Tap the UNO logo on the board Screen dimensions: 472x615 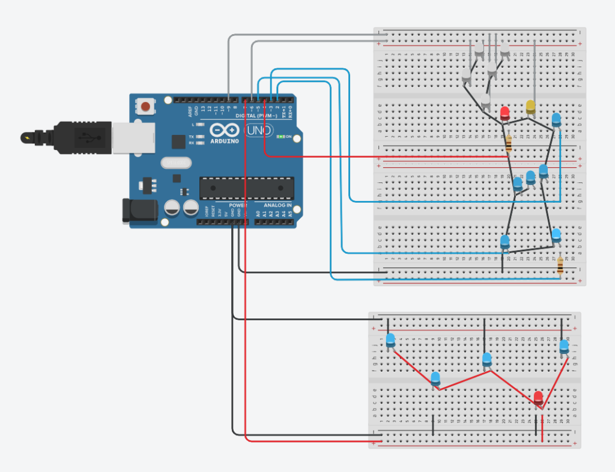coord(259,130)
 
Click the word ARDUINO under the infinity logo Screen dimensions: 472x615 coord(225,142)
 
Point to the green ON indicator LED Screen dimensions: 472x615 coord(280,137)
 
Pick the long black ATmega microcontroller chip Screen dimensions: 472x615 coord(246,188)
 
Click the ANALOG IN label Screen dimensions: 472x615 coord(277,205)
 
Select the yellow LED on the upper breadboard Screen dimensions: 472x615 coord(530,107)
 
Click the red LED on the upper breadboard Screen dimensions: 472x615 coord(505,112)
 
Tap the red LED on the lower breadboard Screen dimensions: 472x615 coord(538,397)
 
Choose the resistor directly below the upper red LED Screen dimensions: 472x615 coord(509,143)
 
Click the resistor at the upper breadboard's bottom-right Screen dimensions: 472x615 coord(560,264)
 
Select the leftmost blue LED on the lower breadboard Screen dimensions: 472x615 coord(391,340)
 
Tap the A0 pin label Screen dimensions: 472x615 coord(258,214)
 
